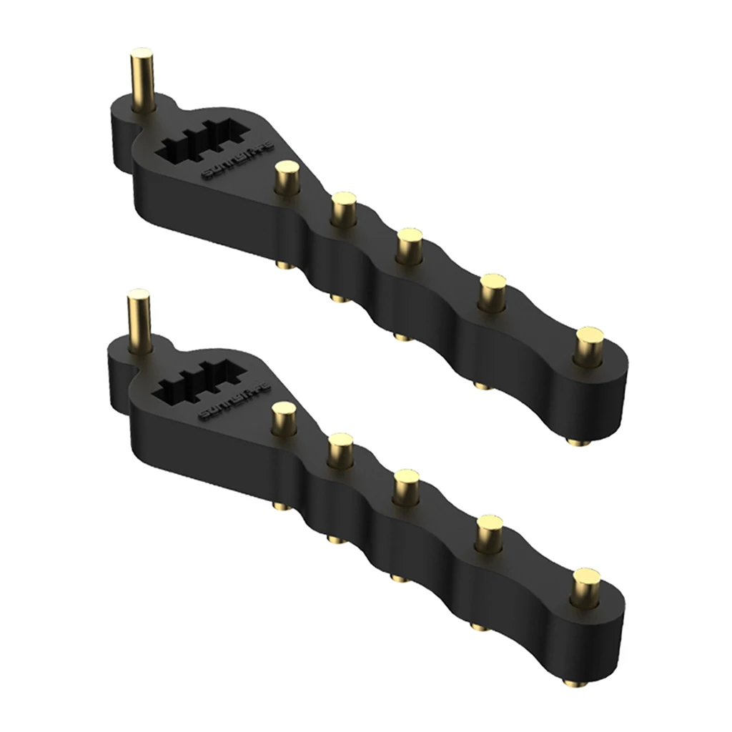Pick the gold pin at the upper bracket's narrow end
(x=590, y=344)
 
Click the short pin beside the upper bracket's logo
(x=287, y=177)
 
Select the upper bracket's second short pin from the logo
(x=344, y=209)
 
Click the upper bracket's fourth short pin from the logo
(x=491, y=289)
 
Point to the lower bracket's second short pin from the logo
(x=341, y=449)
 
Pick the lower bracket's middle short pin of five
(x=407, y=485)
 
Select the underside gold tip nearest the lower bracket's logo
(x=280, y=505)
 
